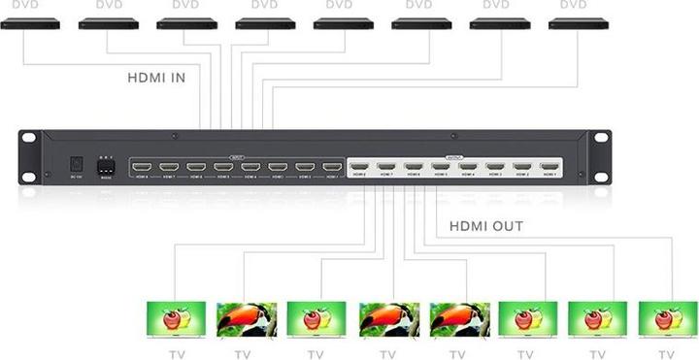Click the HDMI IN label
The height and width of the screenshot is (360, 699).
click(x=156, y=76)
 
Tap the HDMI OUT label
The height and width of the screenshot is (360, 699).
click(x=486, y=226)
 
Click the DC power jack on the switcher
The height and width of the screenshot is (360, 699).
click(x=76, y=166)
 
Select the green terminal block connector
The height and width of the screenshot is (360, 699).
click(x=106, y=166)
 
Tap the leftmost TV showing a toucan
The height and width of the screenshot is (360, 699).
click(x=246, y=318)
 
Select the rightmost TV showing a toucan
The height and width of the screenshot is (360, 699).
click(x=459, y=318)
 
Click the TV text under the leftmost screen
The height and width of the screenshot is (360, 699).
click(x=175, y=353)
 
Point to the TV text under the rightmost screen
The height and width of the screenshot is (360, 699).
click(x=664, y=353)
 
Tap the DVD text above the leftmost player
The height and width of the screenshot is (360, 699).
click(x=26, y=5)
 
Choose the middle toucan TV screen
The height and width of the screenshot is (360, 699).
click(x=388, y=318)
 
